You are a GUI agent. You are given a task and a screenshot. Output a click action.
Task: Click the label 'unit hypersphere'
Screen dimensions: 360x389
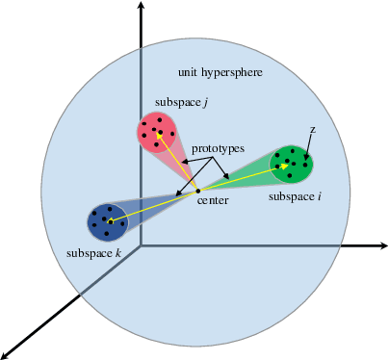pyautogui.click(x=220, y=73)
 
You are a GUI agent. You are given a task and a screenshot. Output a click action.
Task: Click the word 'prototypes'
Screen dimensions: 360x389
pyautogui.click(x=218, y=149)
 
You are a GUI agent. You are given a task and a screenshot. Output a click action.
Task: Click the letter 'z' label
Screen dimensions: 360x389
pyautogui.click(x=312, y=129)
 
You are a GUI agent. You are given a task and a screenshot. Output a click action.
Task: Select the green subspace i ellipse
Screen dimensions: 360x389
pyautogui.click(x=292, y=162)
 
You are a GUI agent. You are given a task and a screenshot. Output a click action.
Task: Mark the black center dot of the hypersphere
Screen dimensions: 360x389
pyautogui.click(x=197, y=190)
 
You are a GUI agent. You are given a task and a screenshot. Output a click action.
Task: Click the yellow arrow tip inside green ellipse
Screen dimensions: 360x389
pyautogui.click(x=287, y=165)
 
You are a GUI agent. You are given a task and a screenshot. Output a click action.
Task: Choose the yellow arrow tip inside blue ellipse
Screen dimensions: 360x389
pyautogui.click(x=112, y=222)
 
